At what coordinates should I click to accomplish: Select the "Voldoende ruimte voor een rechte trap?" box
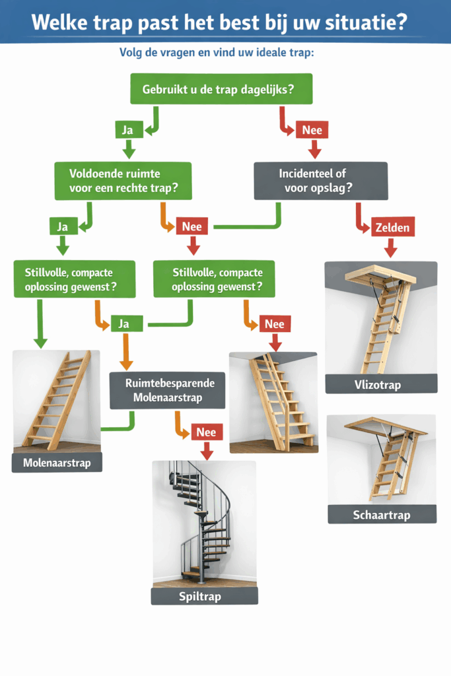click(x=123, y=181)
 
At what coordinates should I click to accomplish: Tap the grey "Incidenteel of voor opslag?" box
click(x=321, y=181)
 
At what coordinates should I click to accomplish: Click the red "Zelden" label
click(x=393, y=228)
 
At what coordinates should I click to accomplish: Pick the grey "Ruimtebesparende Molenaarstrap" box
click(x=167, y=389)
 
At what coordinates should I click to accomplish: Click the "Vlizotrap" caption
click(x=381, y=384)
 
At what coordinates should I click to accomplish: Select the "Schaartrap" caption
click(x=382, y=514)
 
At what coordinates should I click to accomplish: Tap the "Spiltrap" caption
click(x=204, y=596)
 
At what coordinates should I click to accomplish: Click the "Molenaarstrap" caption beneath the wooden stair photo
click(x=56, y=463)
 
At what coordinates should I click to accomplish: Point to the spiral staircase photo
click(x=204, y=524)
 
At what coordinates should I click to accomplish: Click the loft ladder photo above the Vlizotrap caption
click(x=381, y=318)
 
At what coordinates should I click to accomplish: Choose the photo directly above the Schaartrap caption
click(x=382, y=459)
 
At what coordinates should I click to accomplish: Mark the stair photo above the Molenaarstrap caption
click(x=56, y=401)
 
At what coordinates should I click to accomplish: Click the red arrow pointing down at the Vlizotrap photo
click(x=390, y=248)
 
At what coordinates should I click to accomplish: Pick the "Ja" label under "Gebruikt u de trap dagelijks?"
click(x=127, y=130)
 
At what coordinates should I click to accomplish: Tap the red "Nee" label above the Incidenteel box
click(x=312, y=130)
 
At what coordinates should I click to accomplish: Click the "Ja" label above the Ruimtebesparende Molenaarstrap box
click(x=123, y=324)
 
